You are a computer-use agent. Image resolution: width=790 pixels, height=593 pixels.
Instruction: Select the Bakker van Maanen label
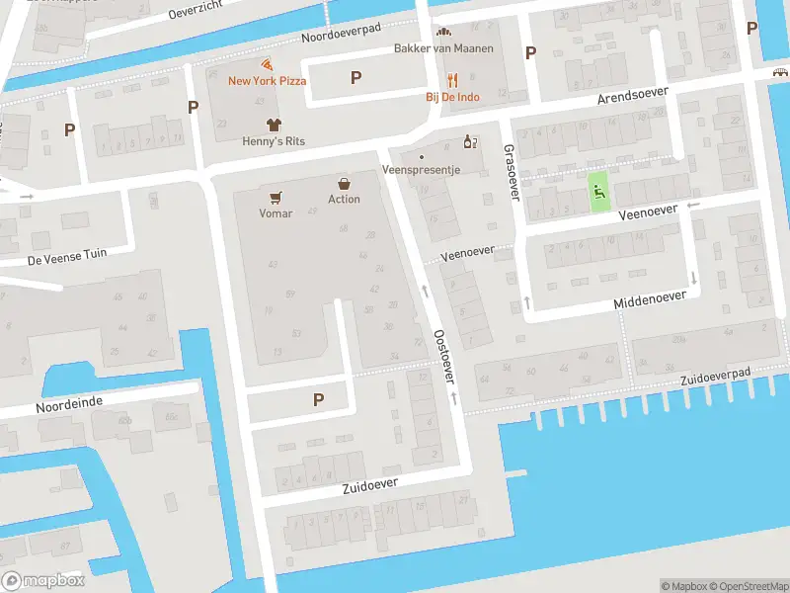pyautogui.click(x=443, y=48)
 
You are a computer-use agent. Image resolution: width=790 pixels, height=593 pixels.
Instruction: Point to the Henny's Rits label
pyautogui.click(x=274, y=141)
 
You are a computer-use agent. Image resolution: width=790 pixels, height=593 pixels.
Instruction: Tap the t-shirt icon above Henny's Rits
pyautogui.click(x=275, y=124)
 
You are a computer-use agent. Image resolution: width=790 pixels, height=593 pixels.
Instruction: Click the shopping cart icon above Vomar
pyautogui.click(x=276, y=197)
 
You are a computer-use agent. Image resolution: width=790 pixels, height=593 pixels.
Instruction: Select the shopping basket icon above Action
pyautogui.click(x=344, y=183)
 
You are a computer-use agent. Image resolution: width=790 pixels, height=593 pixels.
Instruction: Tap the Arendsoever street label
pyautogui.click(x=633, y=96)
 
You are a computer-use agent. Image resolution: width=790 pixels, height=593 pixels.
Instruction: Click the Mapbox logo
pyautogui.click(x=42, y=580)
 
